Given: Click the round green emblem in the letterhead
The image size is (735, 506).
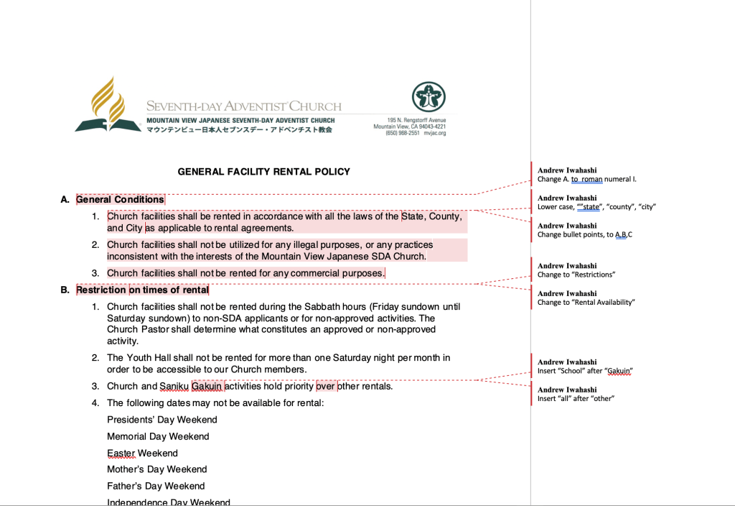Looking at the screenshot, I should [x=429, y=97].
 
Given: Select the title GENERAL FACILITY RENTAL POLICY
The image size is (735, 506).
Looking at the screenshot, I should [x=263, y=172].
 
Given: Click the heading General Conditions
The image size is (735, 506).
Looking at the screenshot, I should [x=120, y=200].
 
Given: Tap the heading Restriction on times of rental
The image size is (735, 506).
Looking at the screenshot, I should [x=142, y=290].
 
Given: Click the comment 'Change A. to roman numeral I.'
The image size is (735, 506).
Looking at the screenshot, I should [x=586, y=179].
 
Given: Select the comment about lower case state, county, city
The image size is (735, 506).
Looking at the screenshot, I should [x=596, y=207].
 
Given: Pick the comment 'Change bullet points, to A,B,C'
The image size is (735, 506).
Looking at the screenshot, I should [x=584, y=234].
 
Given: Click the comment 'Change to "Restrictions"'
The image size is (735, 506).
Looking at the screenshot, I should [x=576, y=275].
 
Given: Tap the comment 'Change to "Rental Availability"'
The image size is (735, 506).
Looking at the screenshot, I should [x=586, y=302].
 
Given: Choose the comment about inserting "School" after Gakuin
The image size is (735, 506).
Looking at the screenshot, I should [x=584, y=371].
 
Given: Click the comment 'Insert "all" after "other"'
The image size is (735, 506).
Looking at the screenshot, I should [x=576, y=398].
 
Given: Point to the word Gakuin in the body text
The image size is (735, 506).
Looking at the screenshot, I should [x=207, y=386].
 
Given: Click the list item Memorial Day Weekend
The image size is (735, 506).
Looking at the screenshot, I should [x=158, y=436].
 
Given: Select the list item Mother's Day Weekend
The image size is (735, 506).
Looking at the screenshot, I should [x=156, y=469].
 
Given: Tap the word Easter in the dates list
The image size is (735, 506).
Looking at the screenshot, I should [x=121, y=453].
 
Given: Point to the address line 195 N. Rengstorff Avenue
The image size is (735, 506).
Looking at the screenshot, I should [x=416, y=120].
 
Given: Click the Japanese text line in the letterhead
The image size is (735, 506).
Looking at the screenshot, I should [x=239, y=130].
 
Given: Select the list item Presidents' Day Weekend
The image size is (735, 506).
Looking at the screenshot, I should [x=161, y=420].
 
